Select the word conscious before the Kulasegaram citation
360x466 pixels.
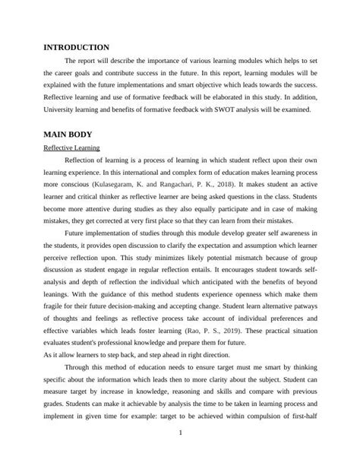pyautogui.click(x=74, y=185)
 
